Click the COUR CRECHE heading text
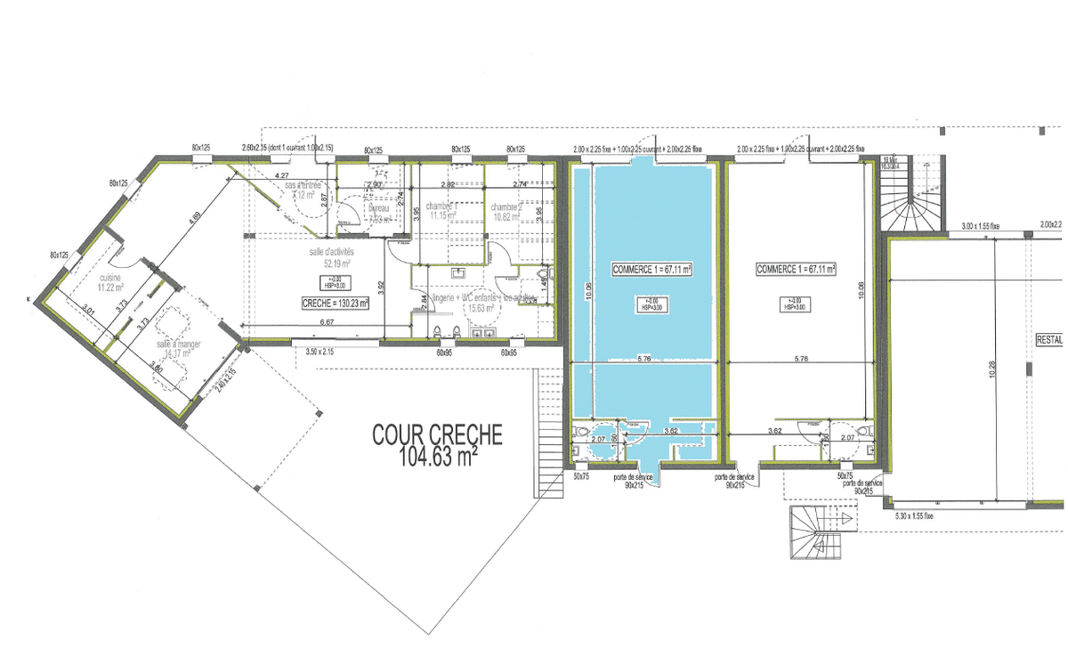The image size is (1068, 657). pos(437,434)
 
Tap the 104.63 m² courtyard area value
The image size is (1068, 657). pos(437,457)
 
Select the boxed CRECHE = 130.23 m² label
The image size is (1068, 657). pos(335,303)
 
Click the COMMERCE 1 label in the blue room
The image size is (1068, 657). pos(652,268)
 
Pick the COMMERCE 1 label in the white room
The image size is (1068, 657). pos(795,268)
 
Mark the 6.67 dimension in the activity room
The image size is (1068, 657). pos(326,321)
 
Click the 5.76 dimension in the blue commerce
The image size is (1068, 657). pos(646,360)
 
